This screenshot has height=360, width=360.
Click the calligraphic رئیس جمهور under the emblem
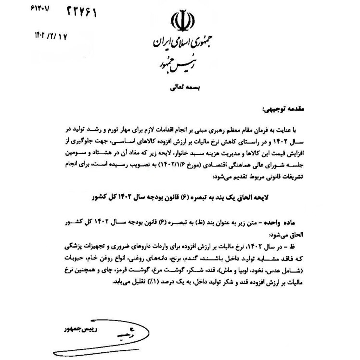[x=177, y=64]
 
